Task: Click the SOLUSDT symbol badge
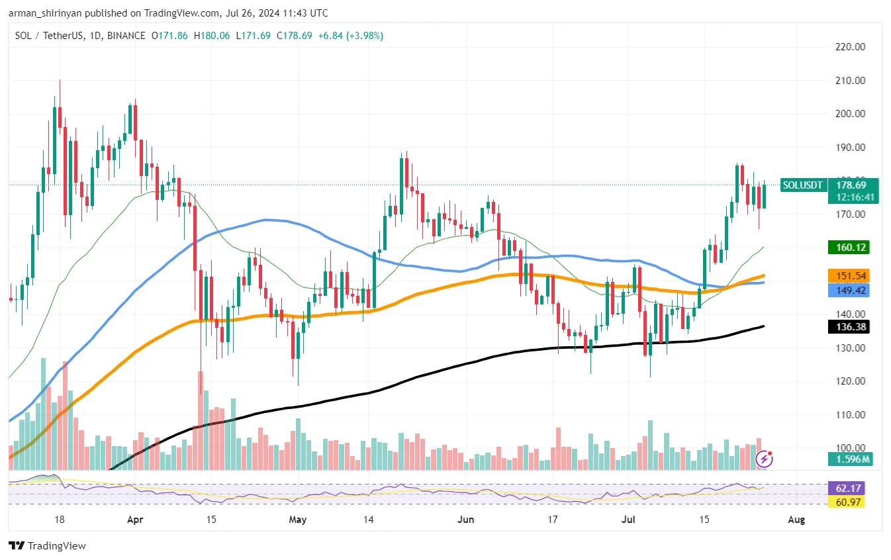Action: coord(804,185)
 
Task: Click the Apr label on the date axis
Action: coord(135,520)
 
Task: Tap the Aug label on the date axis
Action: coord(797,520)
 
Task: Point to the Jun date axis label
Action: coord(466,520)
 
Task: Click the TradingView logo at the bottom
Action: coord(48,546)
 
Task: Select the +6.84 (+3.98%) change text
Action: coord(351,35)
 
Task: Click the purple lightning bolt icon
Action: coord(765,458)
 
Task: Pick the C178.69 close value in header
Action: coord(295,35)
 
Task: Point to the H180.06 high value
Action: coord(211,35)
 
